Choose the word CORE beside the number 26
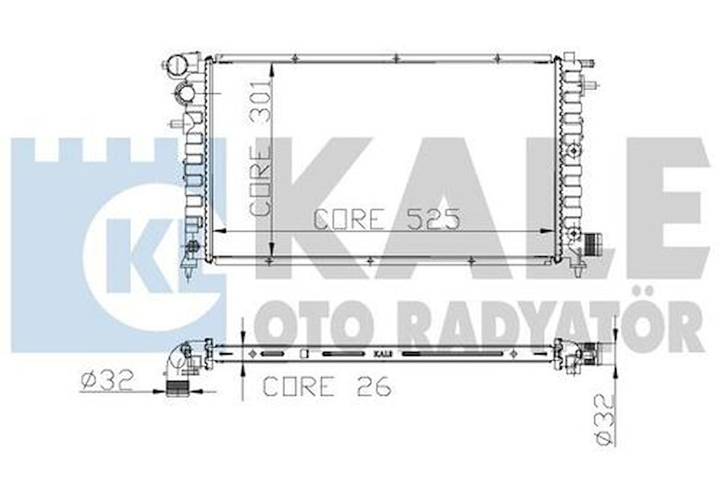[299, 387]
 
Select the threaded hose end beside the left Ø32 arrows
[177, 390]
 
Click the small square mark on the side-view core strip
[302, 354]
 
